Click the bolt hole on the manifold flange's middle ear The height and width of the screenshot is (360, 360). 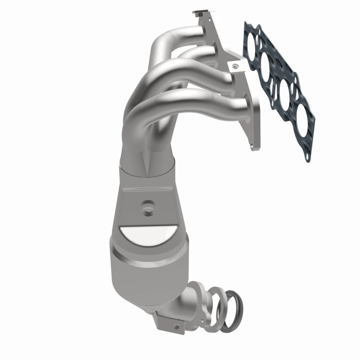pos(233,66)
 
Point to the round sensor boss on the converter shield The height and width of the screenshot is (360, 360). pos(146,208)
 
